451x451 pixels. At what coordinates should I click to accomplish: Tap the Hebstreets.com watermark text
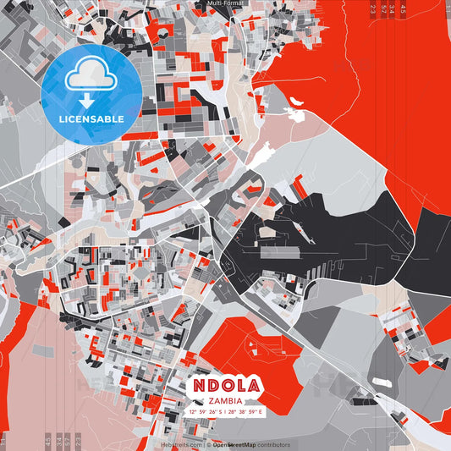click(181, 444)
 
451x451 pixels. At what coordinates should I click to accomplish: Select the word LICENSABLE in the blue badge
click(91, 118)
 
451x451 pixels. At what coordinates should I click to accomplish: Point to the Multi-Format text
click(224, 4)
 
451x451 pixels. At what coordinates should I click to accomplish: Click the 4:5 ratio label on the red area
click(404, 9)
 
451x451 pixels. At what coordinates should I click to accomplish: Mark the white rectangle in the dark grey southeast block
click(382, 382)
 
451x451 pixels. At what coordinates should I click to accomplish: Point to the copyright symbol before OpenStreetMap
click(208, 444)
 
